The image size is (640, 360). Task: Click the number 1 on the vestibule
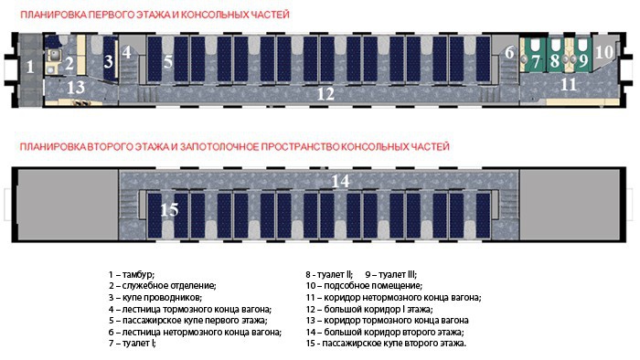pos(30,67)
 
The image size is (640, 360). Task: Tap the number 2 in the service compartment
pos(69,63)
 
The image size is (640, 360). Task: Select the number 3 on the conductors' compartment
pos(108,61)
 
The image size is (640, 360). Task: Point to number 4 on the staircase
pos(127,52)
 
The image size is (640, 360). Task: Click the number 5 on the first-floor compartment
pos(168,62)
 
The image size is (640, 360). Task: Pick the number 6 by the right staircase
pos(509,52)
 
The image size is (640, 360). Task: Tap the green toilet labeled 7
pos(534,56)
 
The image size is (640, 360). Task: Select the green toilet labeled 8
pos(555,56)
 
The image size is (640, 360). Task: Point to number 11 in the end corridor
pos(569,84)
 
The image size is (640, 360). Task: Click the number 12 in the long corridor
pos(325,94)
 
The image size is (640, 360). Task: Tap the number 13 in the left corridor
pos(76,87)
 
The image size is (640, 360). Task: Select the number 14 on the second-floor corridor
pos(340,181)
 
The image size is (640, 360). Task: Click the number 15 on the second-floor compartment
pos(169,209)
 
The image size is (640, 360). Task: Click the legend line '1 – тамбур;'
pos(132,274)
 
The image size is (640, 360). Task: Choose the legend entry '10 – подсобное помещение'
pos(364,286)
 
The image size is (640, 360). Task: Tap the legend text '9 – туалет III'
pos(390,274)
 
